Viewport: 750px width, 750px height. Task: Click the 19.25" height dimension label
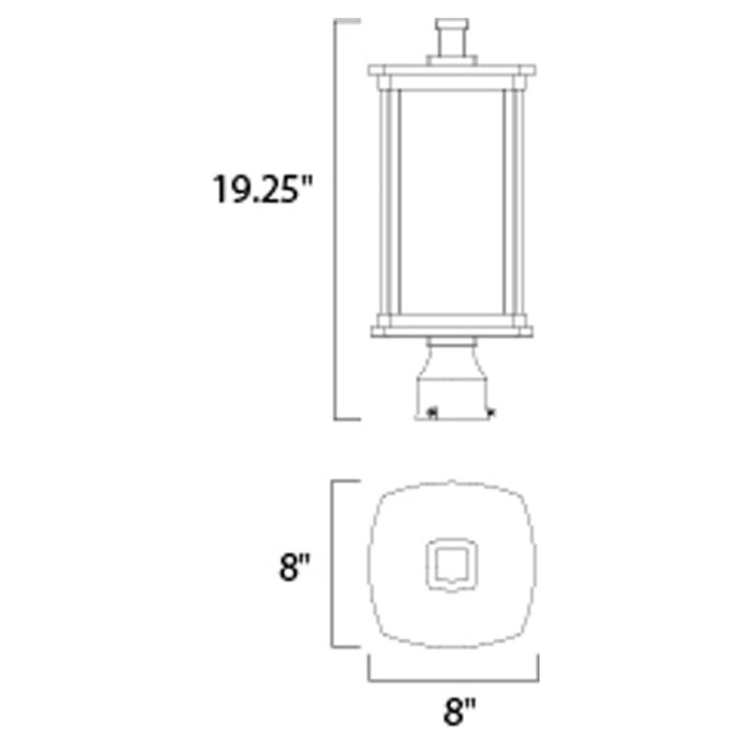[x=259, y=191]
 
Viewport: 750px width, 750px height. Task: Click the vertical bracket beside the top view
[x=335, y=562]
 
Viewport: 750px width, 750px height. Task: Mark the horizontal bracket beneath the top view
[x=454, y=677]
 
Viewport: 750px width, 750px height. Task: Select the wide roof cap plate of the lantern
[x=454, y=71]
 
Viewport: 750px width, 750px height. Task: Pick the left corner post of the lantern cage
[x=383, y=201]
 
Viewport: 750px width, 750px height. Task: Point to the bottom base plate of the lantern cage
[x=454, y=329]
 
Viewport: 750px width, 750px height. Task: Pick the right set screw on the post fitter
[x=490, y=411]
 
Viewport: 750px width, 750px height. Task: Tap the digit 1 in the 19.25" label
[x=218, y=191]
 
